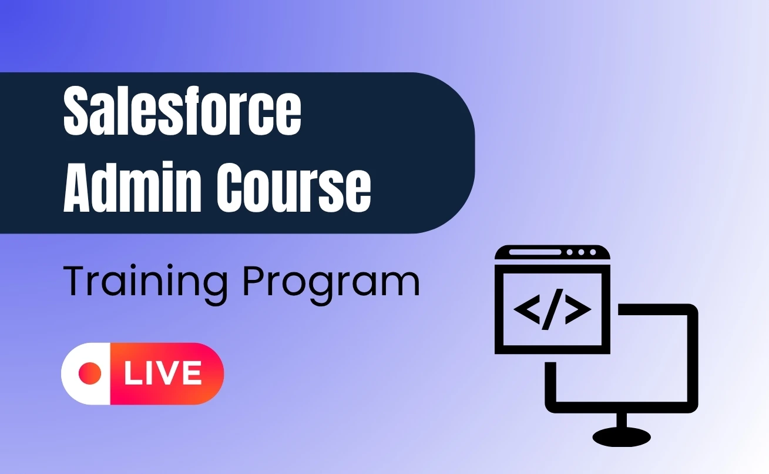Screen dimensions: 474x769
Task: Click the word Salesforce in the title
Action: point(182,112)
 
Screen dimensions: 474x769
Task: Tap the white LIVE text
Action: point(163,373)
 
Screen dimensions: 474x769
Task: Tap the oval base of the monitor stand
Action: point(622,436)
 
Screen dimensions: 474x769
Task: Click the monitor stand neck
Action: point(622,420)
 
